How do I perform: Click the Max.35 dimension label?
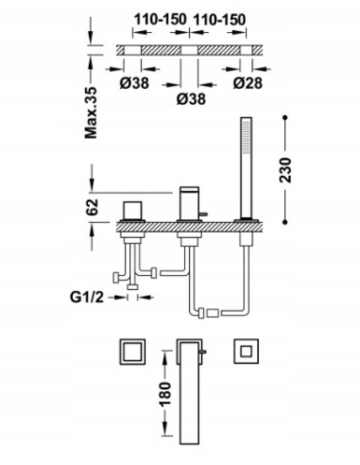click(92, 113)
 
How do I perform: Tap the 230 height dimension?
click(286, 170)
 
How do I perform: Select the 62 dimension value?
click(92, 207)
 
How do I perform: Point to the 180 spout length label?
click(165, 393)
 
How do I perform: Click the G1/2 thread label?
click(87, 297)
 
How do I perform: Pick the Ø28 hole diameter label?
click(248, 83)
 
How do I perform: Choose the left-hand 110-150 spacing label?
click(161, 20)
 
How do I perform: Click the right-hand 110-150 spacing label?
click(219, 20)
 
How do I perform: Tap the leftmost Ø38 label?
click(134, 83)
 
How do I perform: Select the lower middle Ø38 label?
click(191, 99)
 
